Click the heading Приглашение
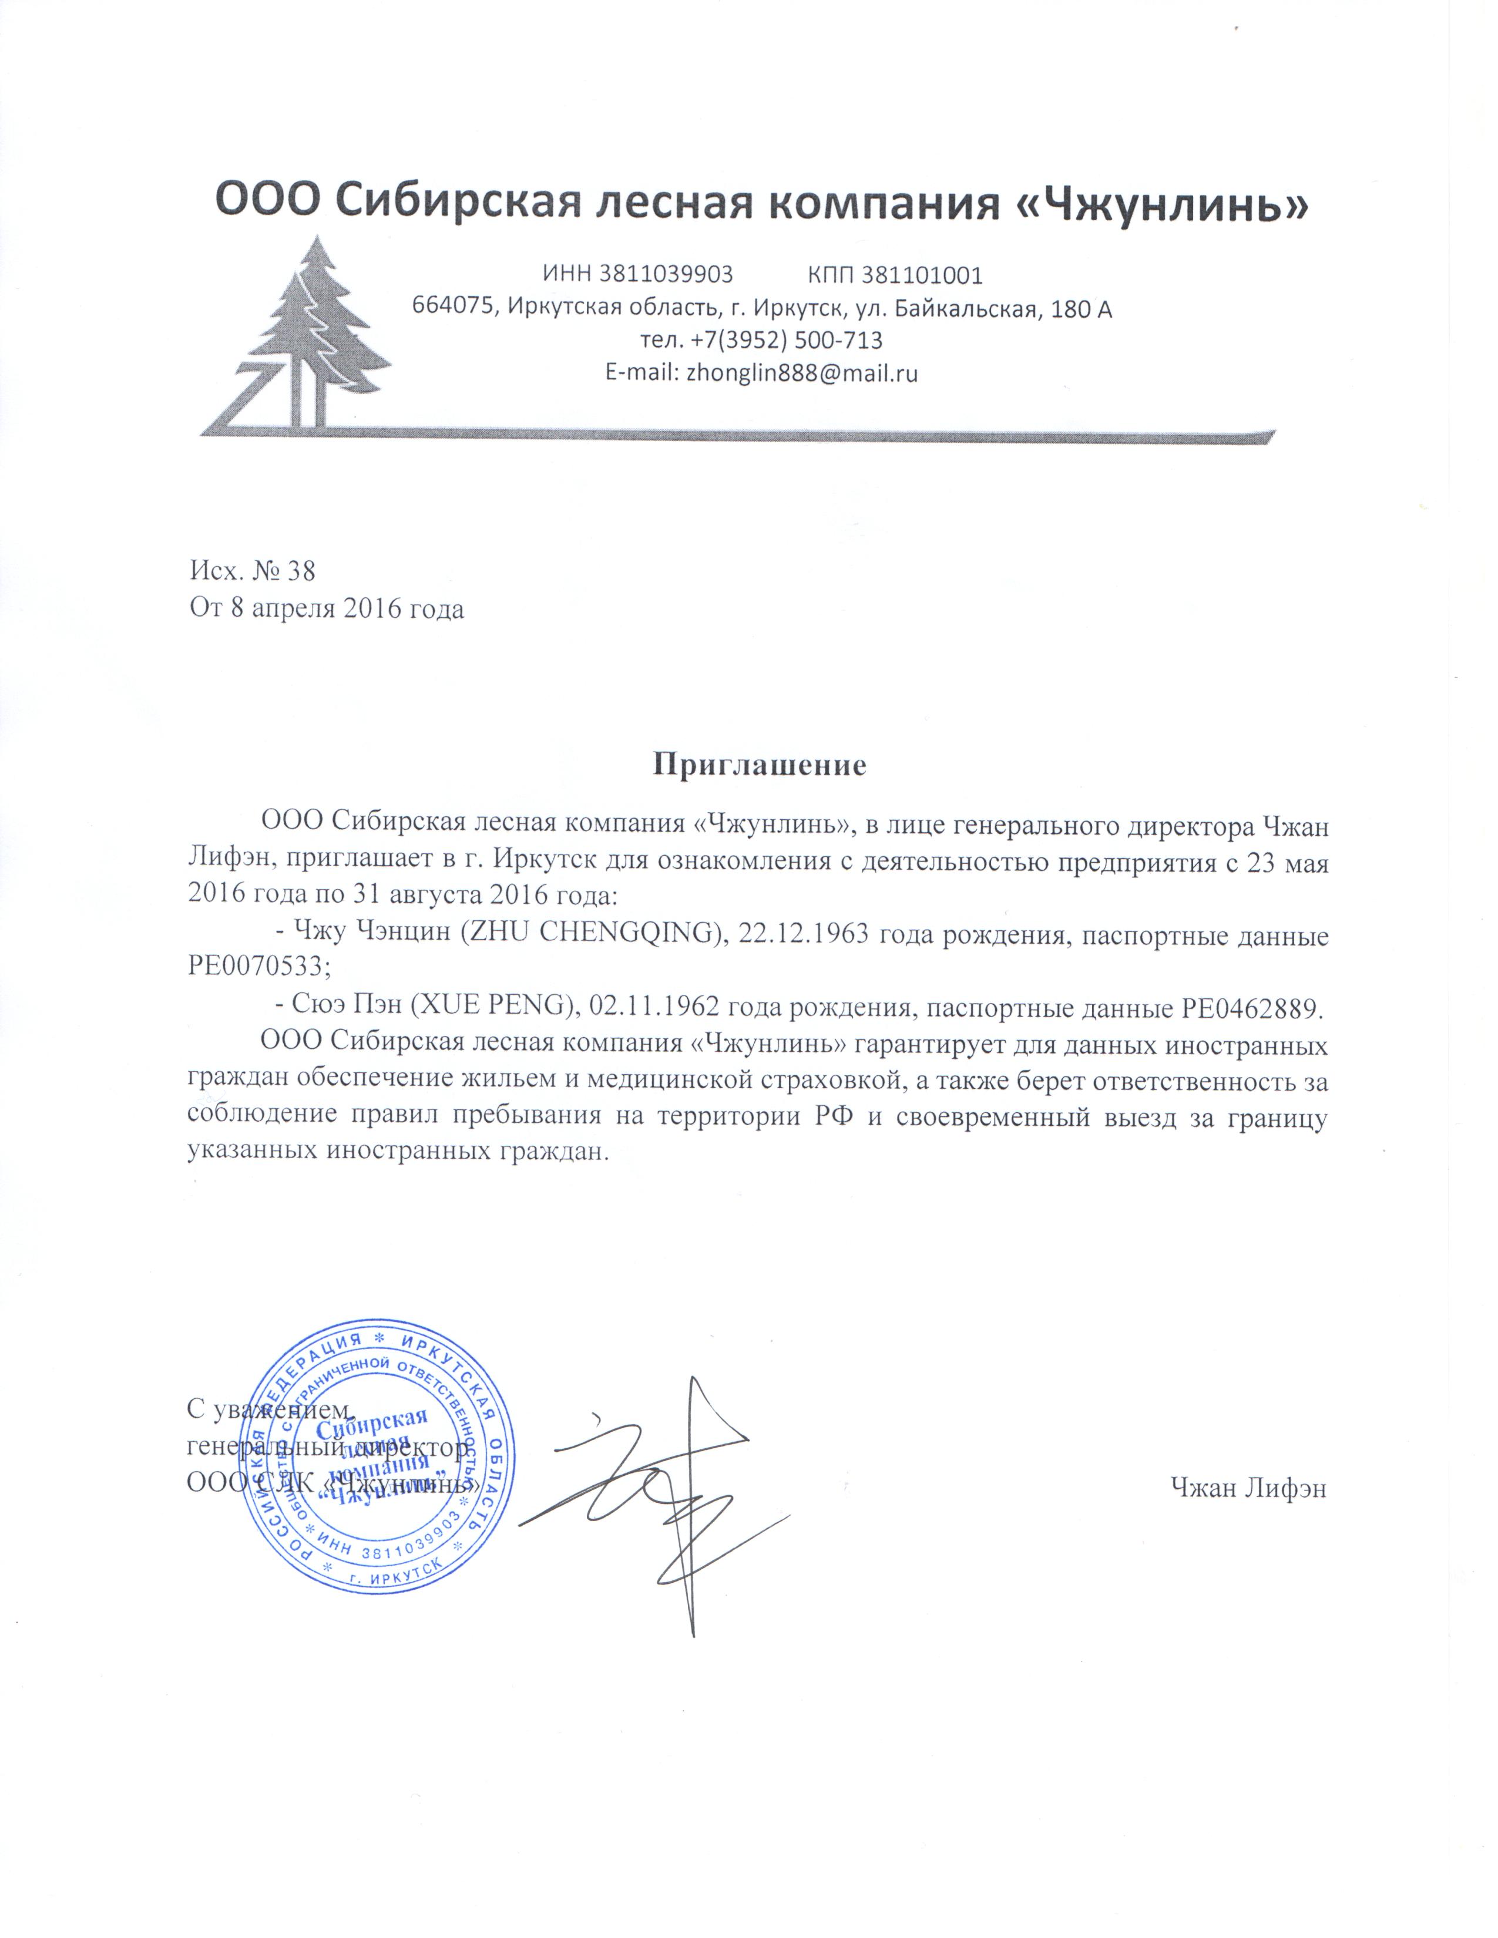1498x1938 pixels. point(759,765)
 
